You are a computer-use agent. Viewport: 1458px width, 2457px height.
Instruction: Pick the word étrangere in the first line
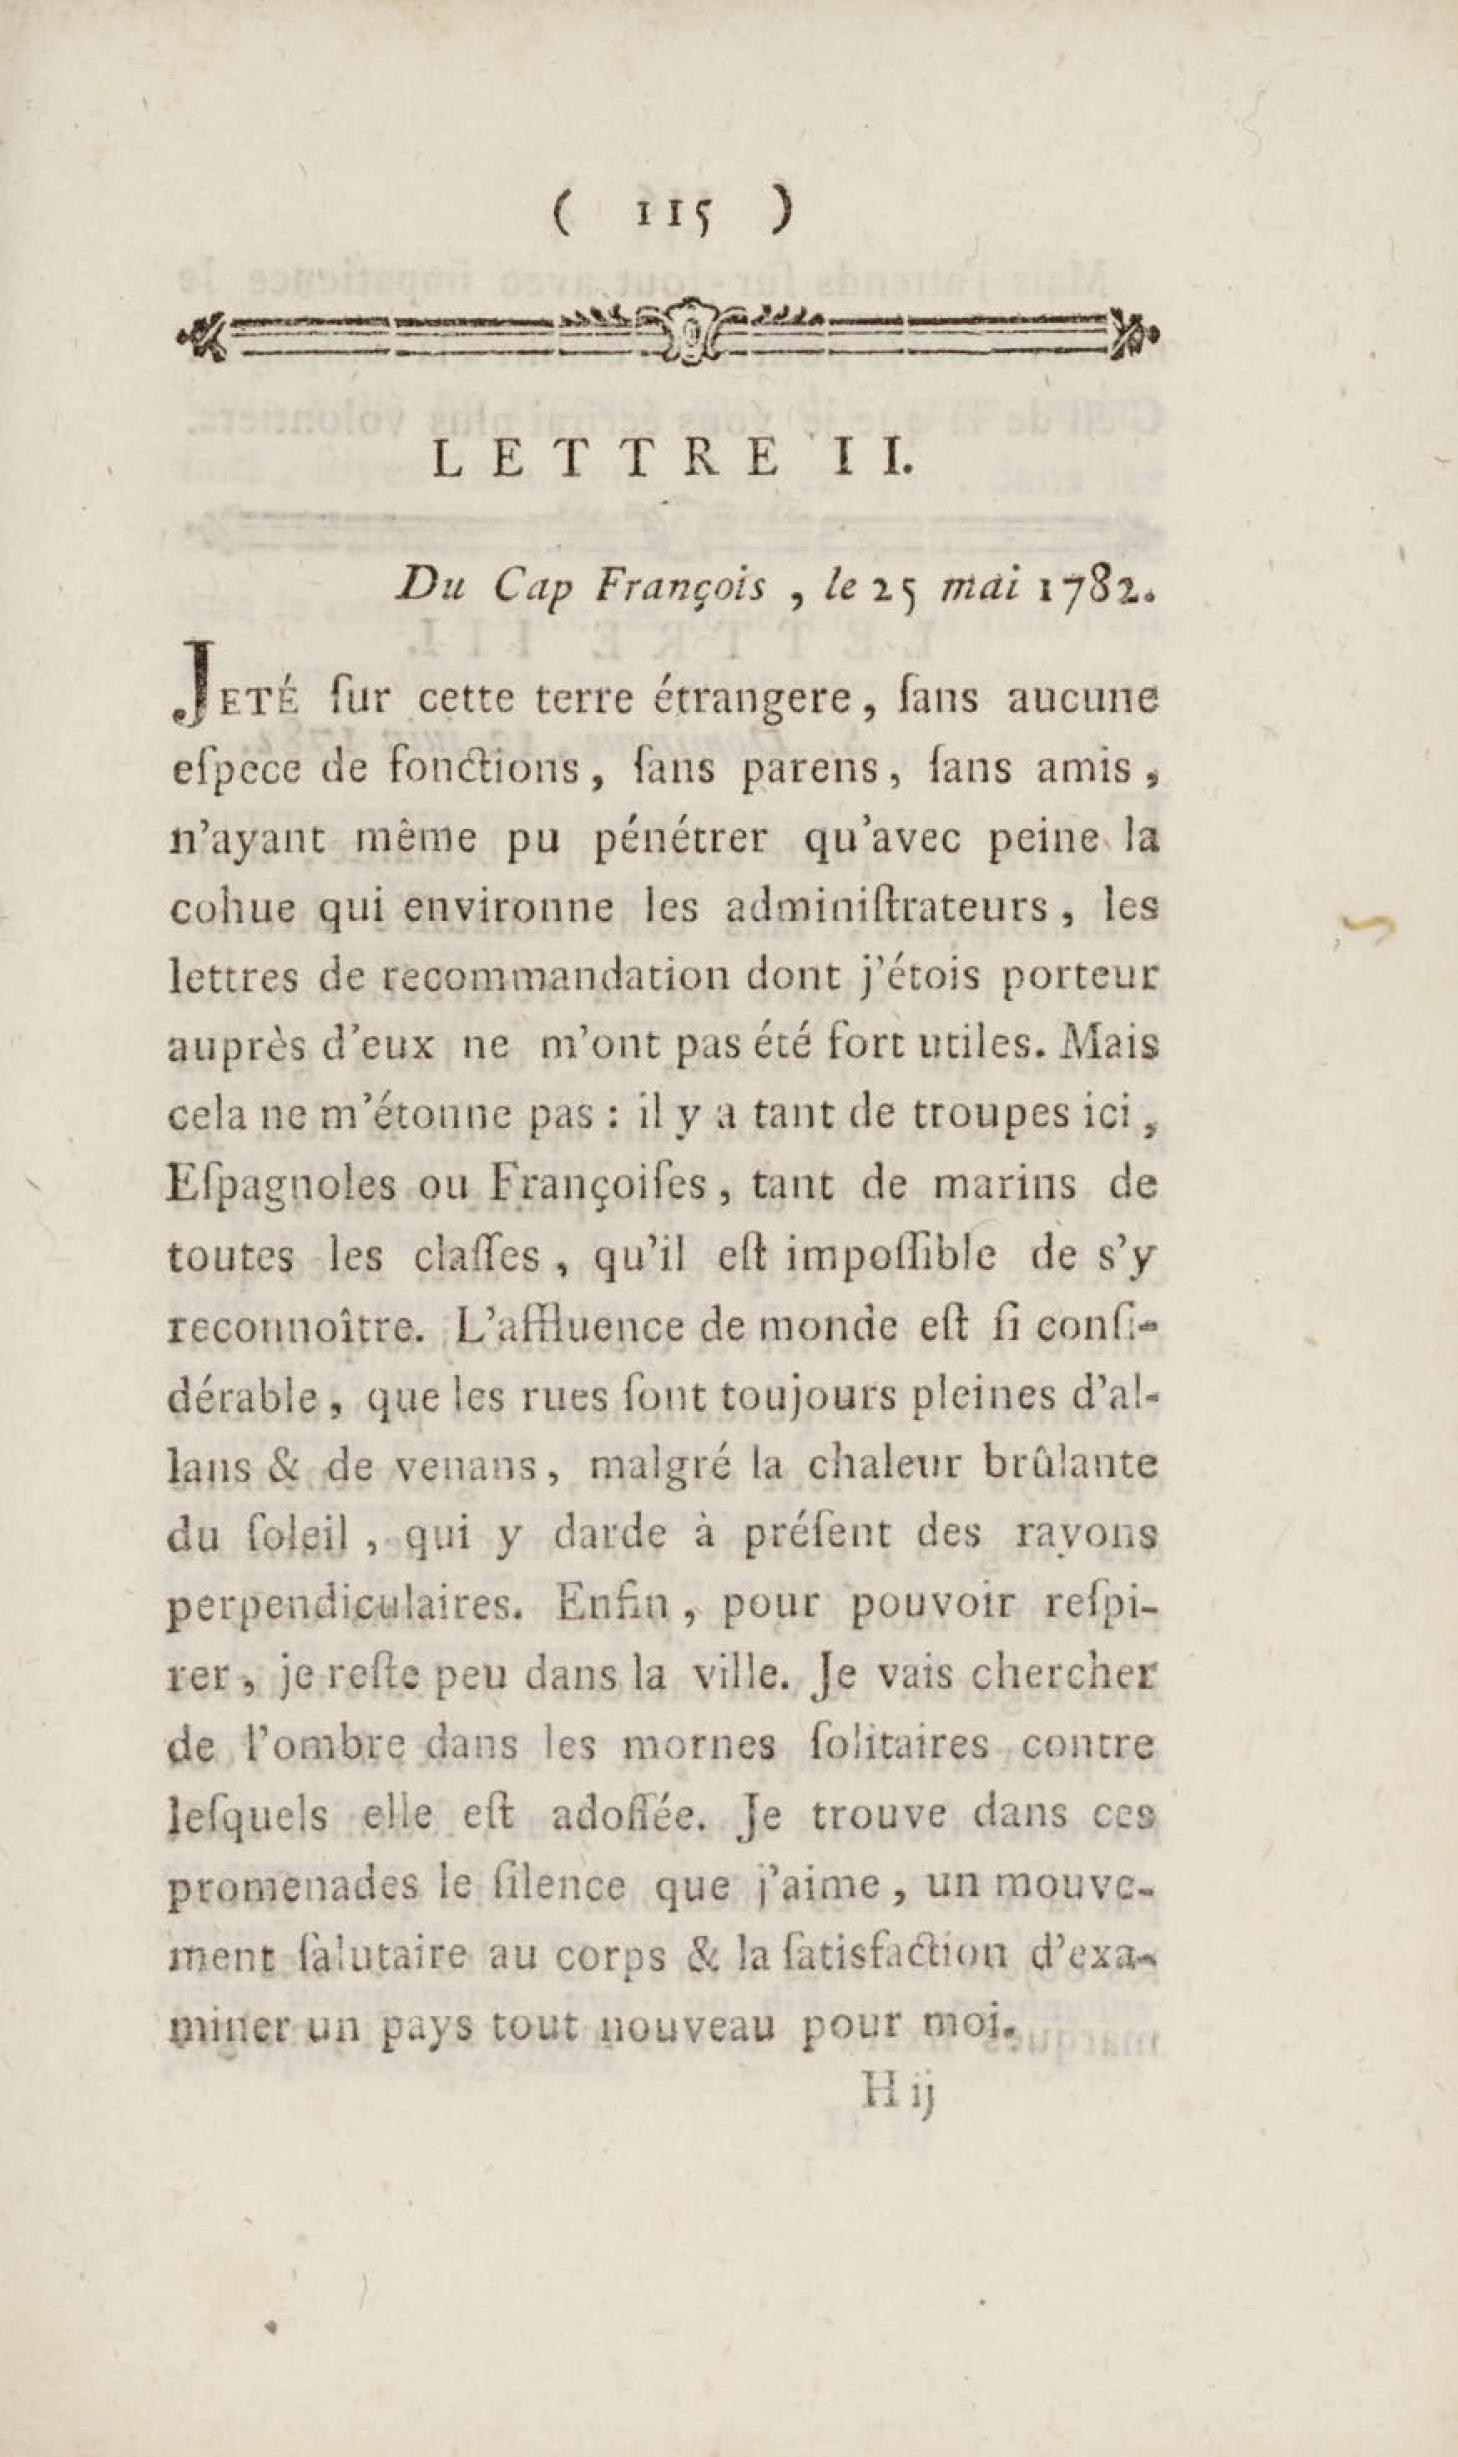click(x=754, y=700)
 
